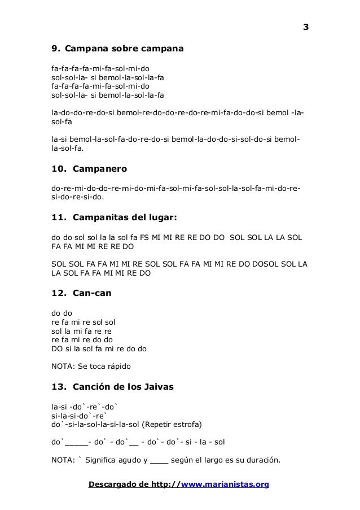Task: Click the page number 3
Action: [306, 28]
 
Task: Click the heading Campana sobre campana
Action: [128, 50]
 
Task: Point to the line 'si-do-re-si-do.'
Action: [78, 198]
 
